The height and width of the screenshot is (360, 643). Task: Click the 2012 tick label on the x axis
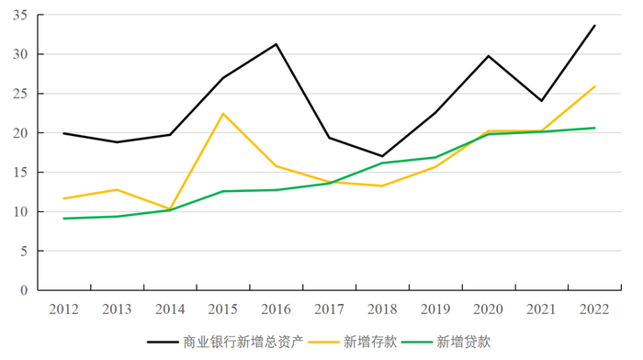click(63, 308)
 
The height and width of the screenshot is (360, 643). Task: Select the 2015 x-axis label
click(222, 308)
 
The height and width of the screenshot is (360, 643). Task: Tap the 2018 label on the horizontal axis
click(382, 308)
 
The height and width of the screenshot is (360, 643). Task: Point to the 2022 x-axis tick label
click(594, 308)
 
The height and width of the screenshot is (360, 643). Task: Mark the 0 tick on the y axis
click(25, 290)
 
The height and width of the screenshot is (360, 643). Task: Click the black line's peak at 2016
click(276, 44)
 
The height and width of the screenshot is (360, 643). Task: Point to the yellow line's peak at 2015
click(223, 114)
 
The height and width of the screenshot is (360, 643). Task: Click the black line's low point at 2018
click(382, 156)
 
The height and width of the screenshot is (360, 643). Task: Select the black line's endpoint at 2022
click(595, 26)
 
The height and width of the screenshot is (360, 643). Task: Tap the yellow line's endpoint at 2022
click(595, 86)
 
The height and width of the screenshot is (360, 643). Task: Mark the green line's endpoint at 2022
click(595, 128)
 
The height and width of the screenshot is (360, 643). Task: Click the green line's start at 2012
click(63, 219)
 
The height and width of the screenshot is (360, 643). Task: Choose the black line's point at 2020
click(489, 56)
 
